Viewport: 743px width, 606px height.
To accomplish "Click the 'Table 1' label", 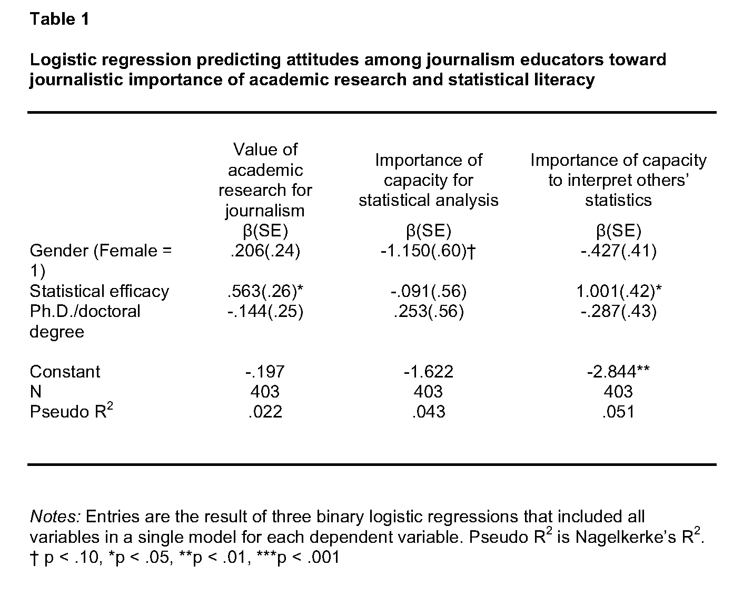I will click(x=60, y=19).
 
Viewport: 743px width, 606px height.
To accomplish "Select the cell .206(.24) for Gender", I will click(x=265, y=251).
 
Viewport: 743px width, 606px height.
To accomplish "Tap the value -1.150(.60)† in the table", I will click(x=428, y=251).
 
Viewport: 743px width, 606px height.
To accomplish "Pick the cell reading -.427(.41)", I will click(x=618, y=251).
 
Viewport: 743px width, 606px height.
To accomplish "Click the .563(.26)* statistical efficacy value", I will click(x=265, y=291).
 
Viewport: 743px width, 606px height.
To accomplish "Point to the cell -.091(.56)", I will click(x=428, y=291).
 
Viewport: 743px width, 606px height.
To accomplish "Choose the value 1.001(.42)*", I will click(x=618, y=291).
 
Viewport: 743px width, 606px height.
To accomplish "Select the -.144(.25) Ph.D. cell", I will click(x=265, y=311).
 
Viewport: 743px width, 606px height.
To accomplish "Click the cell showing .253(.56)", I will click(x=428, y=311).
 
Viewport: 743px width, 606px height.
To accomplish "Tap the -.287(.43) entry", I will click(x=618, y=311).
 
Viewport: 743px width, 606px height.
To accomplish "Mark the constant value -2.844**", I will click(x=618, y=372).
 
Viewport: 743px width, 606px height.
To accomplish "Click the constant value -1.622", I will click(x=428, y=372).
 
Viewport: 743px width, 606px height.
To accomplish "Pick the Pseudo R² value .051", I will click(x=618, y=412).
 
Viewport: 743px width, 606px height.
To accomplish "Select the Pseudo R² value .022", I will click(x=265, y=412).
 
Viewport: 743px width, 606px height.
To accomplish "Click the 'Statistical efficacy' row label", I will click(x=100, y=291).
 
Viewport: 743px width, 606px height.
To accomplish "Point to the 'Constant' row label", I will click(x=65, y=372).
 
